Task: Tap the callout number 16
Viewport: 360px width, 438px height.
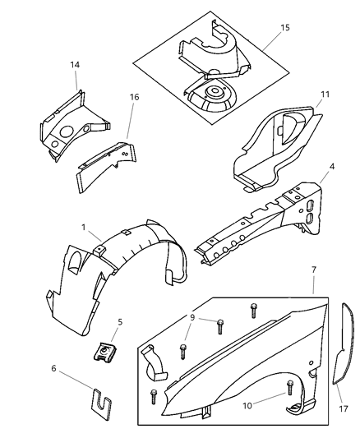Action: (134, 97)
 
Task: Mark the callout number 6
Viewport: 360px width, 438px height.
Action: (54, 369)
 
